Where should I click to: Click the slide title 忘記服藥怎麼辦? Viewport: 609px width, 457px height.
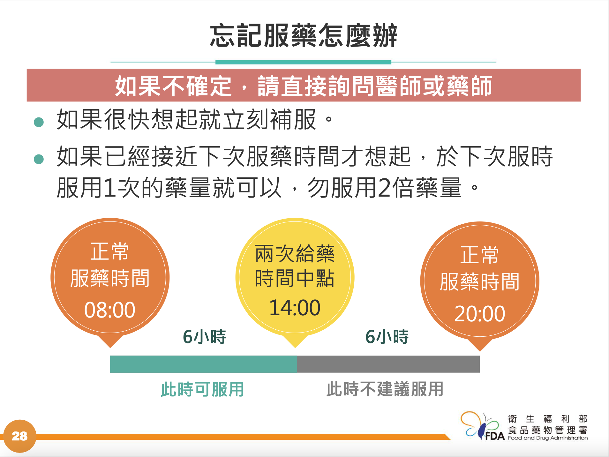coord(303,35)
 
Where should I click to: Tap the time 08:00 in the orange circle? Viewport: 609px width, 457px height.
coord(110,310)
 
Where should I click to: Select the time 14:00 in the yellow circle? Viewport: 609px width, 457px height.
coord(295,308)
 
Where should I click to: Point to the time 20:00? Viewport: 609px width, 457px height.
coord(479,313)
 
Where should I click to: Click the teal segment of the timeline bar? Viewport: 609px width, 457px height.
coord(204,364)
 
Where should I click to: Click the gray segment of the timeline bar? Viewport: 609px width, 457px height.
coord(388,364)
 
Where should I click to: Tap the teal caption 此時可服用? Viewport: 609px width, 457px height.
coord(202,389)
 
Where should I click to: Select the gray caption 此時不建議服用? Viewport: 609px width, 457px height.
coord(385,389)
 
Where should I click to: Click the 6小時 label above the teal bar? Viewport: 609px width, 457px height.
coord(204,337)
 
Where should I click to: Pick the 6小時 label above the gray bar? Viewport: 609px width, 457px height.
coord(387,337)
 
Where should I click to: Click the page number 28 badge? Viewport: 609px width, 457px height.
coord(20,436)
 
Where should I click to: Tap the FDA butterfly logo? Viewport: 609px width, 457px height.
coord(482,426)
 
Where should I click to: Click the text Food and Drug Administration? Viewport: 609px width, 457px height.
coord(548,438)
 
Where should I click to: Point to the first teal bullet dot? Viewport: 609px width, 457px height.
coord(39,122)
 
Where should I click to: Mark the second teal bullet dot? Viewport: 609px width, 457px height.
coord(39,159)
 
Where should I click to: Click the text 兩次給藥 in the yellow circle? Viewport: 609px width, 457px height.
coord(295,254)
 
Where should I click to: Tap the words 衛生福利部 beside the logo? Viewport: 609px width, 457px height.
coord(548,419)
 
